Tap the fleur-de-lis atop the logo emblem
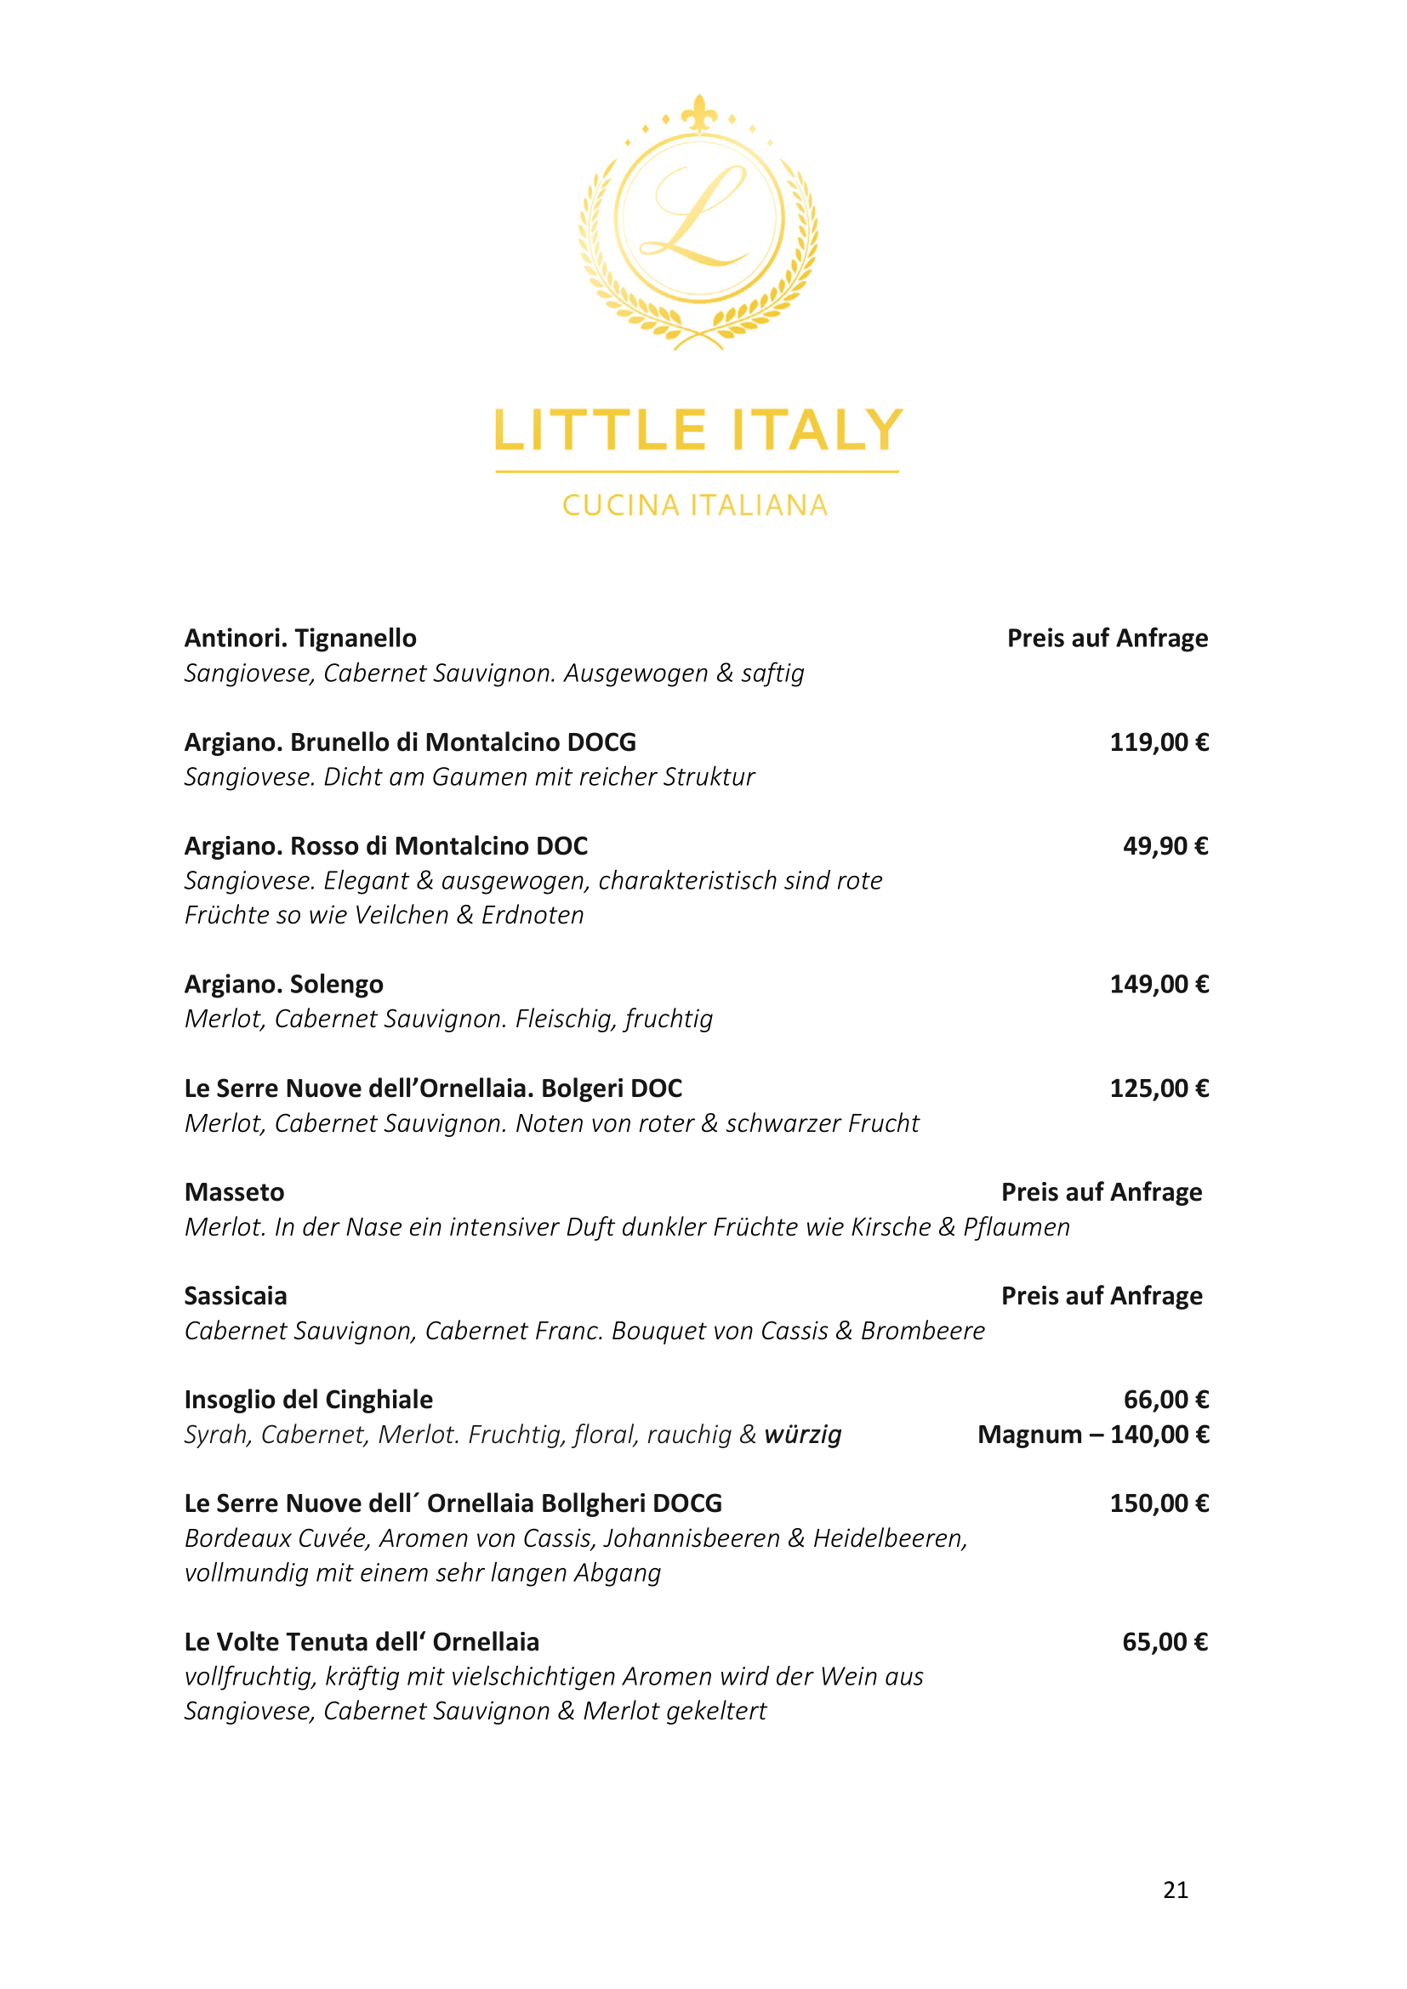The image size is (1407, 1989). (x=698, y=112)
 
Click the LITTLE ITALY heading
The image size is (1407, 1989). (x=698, y=430)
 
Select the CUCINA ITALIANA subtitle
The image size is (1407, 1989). (x=696, y=505)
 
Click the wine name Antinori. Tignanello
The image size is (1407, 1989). (x=300, y=639)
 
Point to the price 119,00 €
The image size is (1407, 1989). (x=1159, y=742)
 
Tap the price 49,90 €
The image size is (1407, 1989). (x=1165, y=845)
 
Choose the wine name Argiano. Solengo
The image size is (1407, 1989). (x=284, y=984)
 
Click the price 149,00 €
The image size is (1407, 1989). (x=1159, y=984)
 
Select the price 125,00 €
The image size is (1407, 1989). (x=1159, y=1088)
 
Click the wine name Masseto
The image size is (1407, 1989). (x=235, y=1192)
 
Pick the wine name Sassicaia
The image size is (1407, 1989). (x=236, y=1296)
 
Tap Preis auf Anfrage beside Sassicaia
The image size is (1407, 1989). (x=1101, y=1296)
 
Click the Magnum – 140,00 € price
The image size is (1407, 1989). (x=1093, y=1435)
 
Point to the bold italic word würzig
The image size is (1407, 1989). (x=803, y=1435)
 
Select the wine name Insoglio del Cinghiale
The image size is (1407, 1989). (x=309, y=1400)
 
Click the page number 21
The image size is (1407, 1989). (x=1176, y=1890)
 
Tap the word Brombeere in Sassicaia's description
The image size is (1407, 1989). (x=923, y=1331)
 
